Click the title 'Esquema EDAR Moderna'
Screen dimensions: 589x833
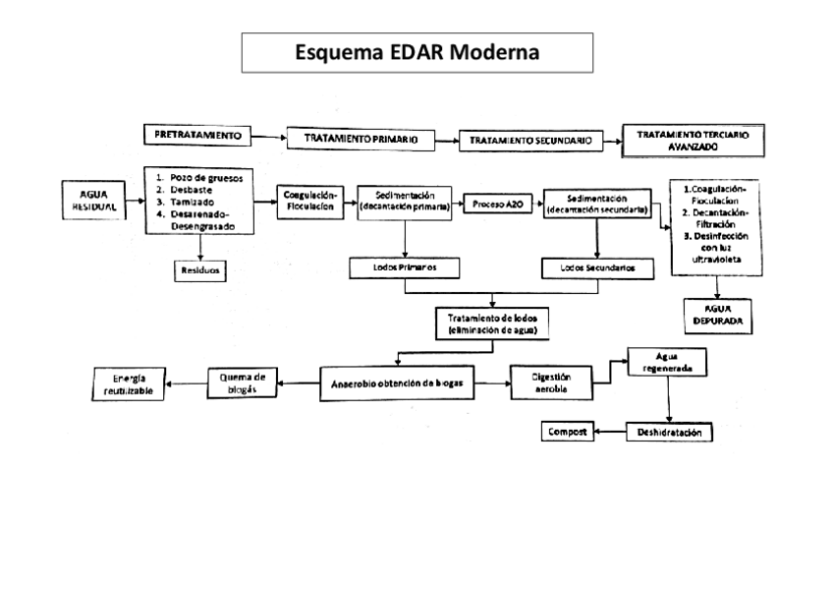416,52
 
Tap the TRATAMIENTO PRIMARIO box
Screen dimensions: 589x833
360,140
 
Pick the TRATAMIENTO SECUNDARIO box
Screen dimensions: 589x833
529,141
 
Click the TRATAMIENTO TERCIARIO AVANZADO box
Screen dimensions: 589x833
693,140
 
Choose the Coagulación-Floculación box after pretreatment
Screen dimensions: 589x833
310,201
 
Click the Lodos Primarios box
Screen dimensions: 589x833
406,267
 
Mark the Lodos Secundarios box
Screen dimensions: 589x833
597,267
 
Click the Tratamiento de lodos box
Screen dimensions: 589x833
491,324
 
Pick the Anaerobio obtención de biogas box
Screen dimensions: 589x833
396,382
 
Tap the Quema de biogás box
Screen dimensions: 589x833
242,382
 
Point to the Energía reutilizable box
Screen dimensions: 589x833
129,384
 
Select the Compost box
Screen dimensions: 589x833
567,432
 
